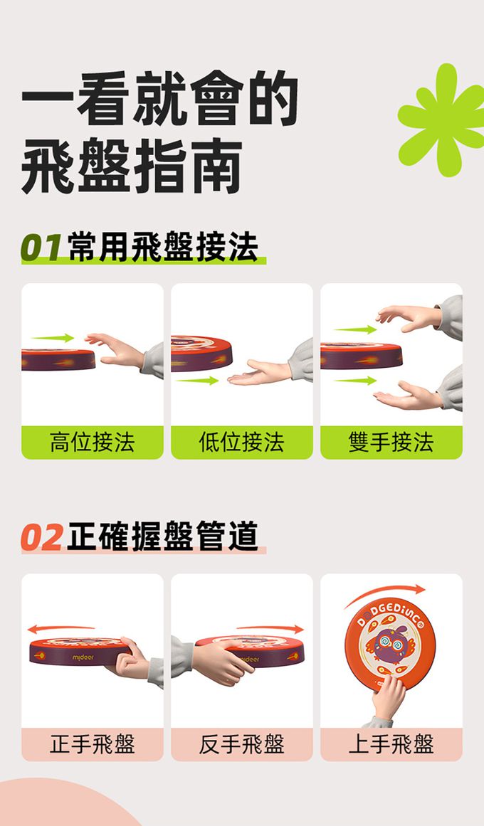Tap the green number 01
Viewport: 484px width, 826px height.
pyautogui.click(x=41, y=247)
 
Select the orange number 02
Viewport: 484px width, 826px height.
pyautogui.click(x=42, y=537)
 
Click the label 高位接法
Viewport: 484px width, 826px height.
pyautogui.click(x=93, y=441)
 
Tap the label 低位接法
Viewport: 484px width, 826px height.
pyautogui.click(x=241, y=441)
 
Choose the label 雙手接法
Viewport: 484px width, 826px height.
pyautogui.click(x=391, y=441)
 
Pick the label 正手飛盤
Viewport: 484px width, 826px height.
pyautogui.click(x=93, y=743)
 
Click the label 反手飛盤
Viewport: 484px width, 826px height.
pyautogui.click(x=241, y=743)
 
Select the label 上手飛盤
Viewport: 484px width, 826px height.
pyautogui.click(x=391, y=743)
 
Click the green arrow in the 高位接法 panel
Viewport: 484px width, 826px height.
pyautogui.click(x=53, y=338)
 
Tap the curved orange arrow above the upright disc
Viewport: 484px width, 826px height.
pyautogui.click(x=385, y=593)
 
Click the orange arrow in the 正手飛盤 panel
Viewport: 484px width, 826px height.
pyautogui.click(x=60, y=628)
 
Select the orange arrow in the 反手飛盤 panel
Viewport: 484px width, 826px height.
pyautogui.click(x=270, y=628)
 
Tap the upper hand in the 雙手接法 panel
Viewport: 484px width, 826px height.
pyautogui.click(x=409, y=317)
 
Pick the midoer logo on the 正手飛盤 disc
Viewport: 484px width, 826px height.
pyautogui.click(x=83, y=658)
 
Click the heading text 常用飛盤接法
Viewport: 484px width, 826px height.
pyautogui.click(x=164, y=247)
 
